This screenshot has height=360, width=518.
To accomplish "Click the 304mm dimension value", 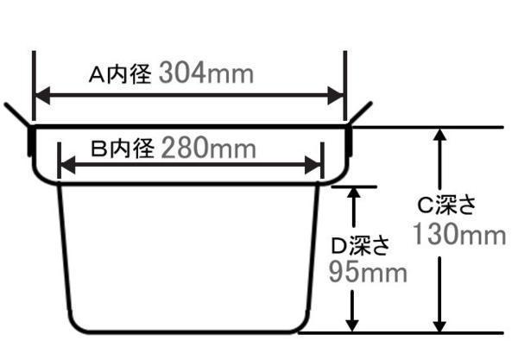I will (x=207, y=74).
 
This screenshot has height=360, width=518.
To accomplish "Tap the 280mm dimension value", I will (x=208, y=149).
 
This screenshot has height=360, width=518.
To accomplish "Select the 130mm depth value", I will (x=458, y=235).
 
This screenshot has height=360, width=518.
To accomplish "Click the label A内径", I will (x=121, y=75).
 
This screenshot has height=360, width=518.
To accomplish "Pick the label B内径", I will (x=122, y=149).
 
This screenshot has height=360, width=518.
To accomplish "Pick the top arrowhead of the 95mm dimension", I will (x=351, y=193).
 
